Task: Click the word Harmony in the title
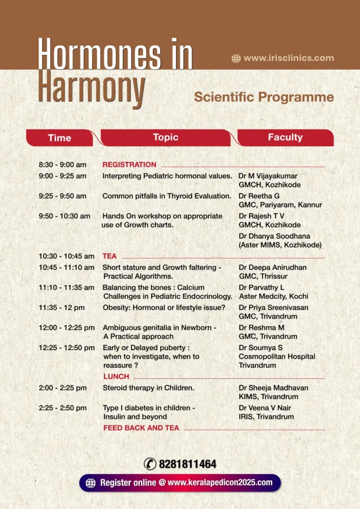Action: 92,88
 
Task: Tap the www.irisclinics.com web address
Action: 289,58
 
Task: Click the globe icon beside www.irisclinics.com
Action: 236,59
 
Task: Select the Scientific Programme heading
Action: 264,96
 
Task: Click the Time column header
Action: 60,138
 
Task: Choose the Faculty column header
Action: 285,137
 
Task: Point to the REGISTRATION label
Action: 129,165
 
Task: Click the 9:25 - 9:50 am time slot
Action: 63,196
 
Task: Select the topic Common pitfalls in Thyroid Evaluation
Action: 167,196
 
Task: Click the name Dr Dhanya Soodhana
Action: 270,236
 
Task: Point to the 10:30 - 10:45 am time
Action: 67,256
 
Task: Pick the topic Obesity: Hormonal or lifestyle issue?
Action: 164,308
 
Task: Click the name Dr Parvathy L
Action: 262,287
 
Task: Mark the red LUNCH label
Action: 116,376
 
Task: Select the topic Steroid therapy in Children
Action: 148,388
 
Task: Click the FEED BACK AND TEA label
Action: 141,427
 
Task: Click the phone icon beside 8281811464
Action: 150,464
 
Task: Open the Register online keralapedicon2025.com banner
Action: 180,482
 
